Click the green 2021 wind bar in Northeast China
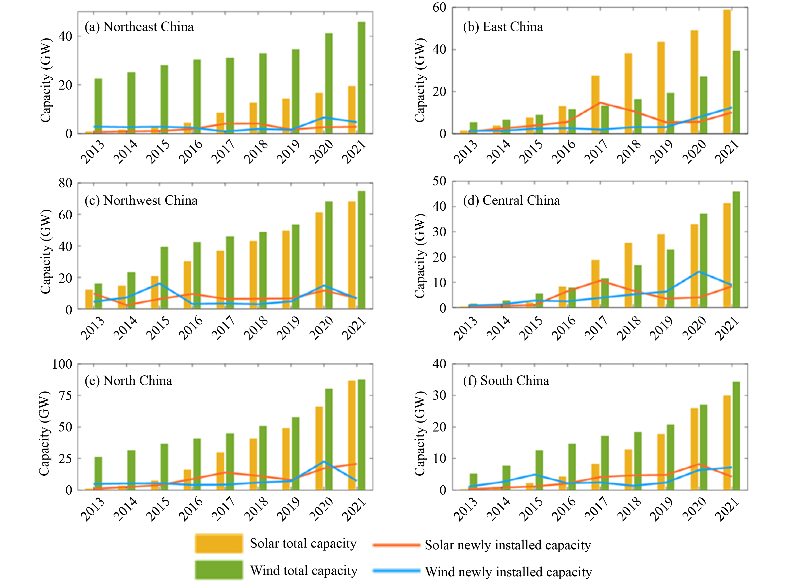[x=361, y=77]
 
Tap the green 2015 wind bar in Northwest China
[x=164, y=278]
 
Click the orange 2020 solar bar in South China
[x=694, y=449]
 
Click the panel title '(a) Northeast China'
[x=139, y=27]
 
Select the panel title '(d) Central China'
[x=511, y=200]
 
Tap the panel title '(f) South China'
[x=506, y=381]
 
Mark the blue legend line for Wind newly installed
[x=396, y=571]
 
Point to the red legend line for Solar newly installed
[x=396, y=545]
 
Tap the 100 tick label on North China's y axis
[x=62, y=364]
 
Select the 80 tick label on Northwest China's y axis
[x=65, y=183]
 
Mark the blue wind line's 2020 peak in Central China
[x=698, y=272]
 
